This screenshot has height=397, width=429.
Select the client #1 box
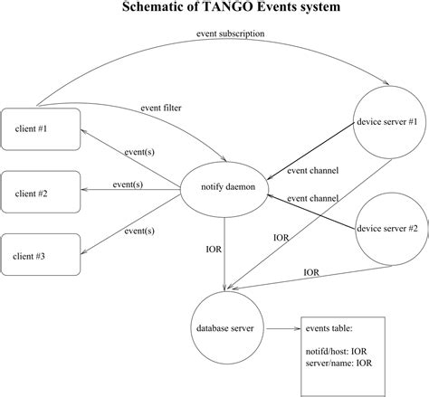click(42, 128)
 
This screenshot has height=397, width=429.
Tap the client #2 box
click(42, 194)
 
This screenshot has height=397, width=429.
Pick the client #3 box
click(42, 254)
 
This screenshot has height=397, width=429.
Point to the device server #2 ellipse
click(387, 229)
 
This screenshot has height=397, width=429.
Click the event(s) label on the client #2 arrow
click(128, 184)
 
